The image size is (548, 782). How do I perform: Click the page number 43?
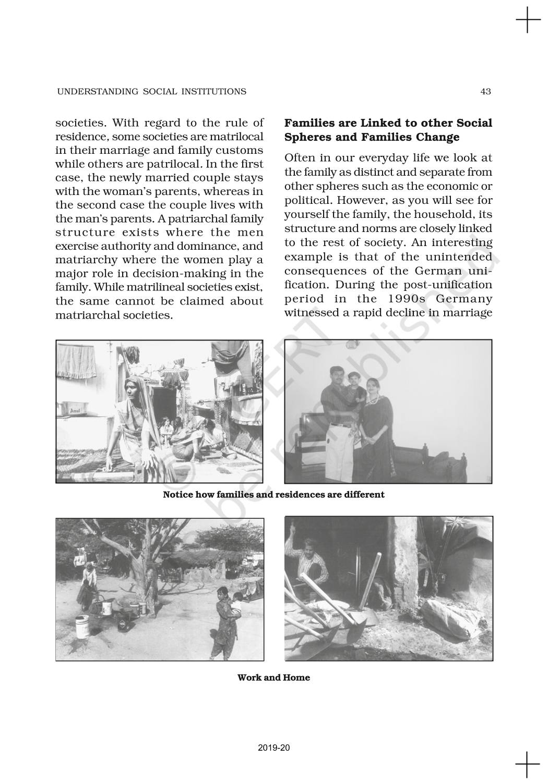coord(485,92)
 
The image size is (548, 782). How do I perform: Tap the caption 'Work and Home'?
coord(273,678)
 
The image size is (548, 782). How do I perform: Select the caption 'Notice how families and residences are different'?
coord(273,495)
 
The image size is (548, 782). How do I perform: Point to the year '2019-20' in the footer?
coord(273,748)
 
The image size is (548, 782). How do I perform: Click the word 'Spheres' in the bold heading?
coord(305,138)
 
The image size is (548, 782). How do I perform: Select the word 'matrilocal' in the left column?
coord(237,137)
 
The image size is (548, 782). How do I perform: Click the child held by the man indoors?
coord(356,386)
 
